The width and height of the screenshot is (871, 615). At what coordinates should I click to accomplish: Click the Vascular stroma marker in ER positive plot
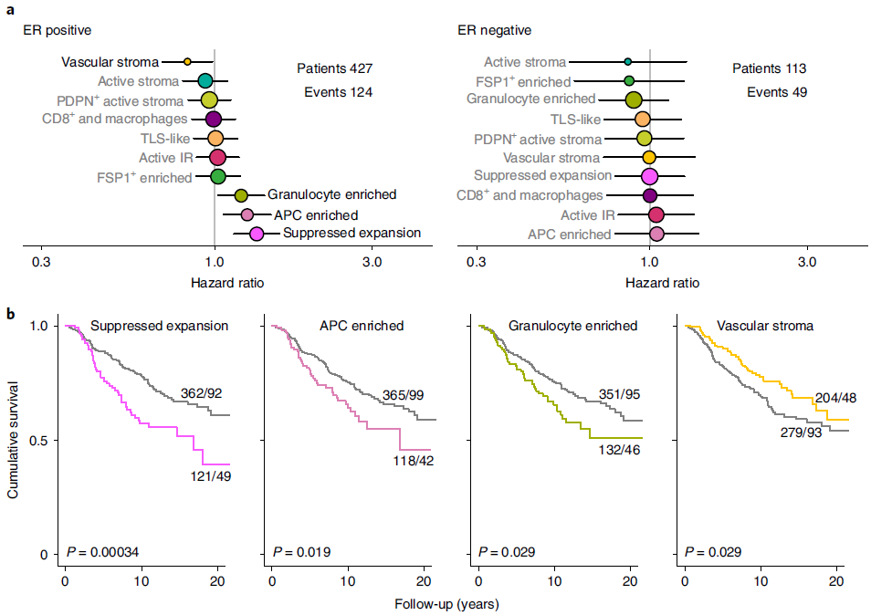[187, 62]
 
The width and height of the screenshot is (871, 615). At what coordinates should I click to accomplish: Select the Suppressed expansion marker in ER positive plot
[257, 234]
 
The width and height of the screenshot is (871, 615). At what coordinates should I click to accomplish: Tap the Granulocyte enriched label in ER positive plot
[331, 194]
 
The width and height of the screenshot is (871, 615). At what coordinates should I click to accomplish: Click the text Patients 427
[334, 68]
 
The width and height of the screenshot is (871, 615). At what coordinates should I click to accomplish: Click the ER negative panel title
[494, 30]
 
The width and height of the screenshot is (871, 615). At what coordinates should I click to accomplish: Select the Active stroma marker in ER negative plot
[627, 62]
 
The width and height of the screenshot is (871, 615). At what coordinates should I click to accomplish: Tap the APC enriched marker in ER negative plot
[656, 235]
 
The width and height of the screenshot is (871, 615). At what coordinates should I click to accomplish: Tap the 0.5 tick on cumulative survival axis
[39, 441]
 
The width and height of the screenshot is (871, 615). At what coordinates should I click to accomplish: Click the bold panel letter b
[10, 315]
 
